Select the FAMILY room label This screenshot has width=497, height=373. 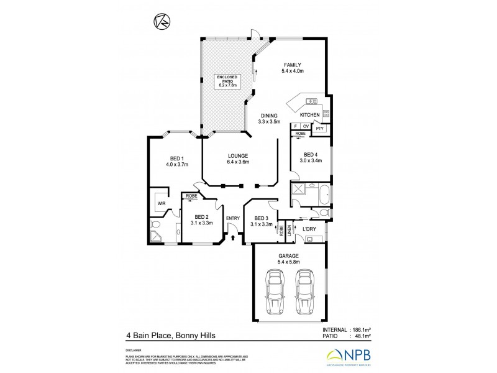[x=293, y=68]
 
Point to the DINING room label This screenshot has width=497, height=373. [x=270, y=118]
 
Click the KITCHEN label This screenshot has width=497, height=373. [x=309, y=116]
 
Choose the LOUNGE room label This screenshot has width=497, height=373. [x=238, y=159]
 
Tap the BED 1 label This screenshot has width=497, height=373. [x=176, y=161]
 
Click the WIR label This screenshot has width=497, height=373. [x=160, y=203]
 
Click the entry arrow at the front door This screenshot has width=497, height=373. [x=233, y=236]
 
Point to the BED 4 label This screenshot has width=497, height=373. [x=312, y=157]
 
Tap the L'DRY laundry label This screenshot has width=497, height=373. [x=309, y=229]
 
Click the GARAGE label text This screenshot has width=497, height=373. [x=289, y=259]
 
